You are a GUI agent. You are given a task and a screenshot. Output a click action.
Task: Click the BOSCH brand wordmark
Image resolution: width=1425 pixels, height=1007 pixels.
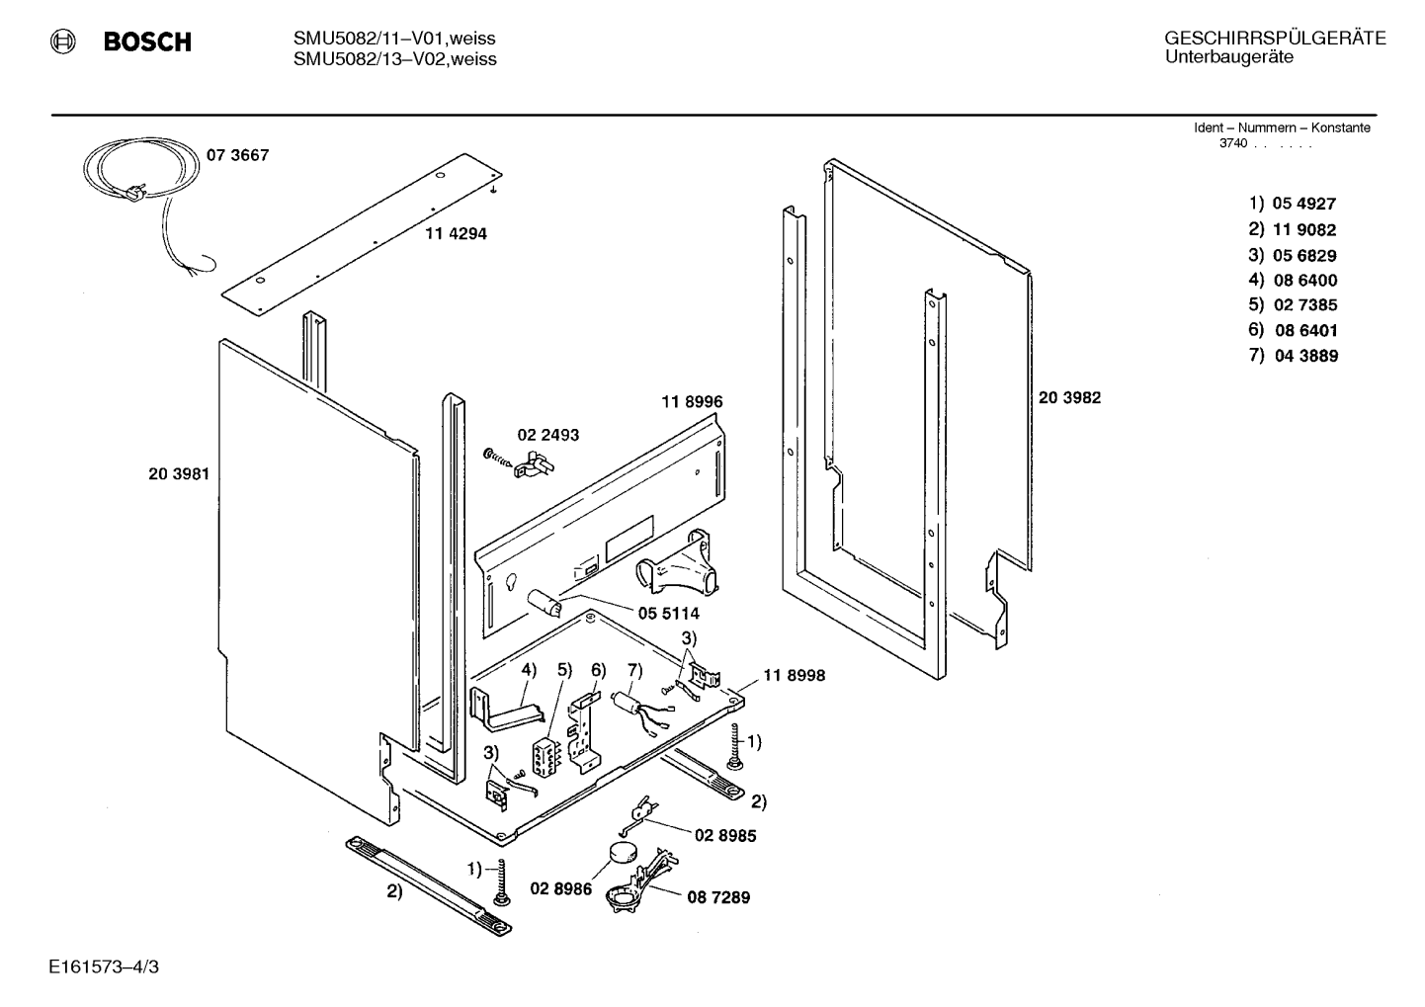(x=147, y=42)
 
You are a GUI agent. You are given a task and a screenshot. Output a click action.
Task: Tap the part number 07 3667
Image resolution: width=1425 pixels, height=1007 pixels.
(x=238, y=154)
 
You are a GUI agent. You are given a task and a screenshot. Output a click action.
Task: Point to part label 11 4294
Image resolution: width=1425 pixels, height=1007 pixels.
(x=457, y=233)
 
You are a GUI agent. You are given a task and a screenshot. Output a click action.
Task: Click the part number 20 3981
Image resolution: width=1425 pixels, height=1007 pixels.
(x=179, y=474)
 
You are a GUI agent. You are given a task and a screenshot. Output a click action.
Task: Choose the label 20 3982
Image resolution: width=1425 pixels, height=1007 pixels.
(x=1069, y=397)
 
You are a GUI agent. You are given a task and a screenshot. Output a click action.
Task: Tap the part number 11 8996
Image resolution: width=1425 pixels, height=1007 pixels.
(x=692, y=401)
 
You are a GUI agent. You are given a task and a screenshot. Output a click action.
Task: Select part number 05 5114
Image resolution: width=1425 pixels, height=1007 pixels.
(x=669, y=614)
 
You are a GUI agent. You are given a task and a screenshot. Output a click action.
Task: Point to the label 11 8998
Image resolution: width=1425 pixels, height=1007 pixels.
(x=794, y=675)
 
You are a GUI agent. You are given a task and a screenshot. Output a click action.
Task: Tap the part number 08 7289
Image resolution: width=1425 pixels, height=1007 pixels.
(x=718, y=897)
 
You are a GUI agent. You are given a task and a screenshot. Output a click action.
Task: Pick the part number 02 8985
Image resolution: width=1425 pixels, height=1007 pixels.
(x=725, y=835)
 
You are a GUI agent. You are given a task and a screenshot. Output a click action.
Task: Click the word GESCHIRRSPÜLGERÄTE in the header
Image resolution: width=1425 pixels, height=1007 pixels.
(x=1275, y=39)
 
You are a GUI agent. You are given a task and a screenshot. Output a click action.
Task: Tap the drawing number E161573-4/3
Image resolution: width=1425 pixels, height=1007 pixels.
(x=104, y=966)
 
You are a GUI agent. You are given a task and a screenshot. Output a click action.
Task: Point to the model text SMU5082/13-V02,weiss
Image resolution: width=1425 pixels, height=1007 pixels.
(x=395, y=59)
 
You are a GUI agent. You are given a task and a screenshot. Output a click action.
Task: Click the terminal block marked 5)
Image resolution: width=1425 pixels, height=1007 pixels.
(x=546, y=756)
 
